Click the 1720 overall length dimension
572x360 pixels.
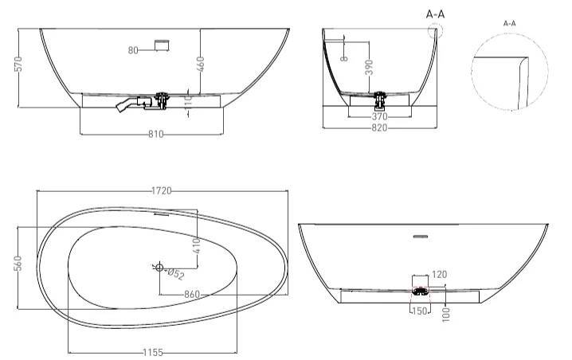(161, 191)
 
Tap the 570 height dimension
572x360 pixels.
(18, 64)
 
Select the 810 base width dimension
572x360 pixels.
(156, 135)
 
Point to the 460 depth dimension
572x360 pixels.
(200, 64)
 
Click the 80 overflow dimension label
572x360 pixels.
(133, 50)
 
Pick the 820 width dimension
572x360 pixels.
(379, 127)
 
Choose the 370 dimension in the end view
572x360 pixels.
(379, 117)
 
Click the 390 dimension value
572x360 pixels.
(369, 68)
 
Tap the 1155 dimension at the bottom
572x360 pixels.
(153, 353)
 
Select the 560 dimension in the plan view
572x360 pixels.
(18, 264)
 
